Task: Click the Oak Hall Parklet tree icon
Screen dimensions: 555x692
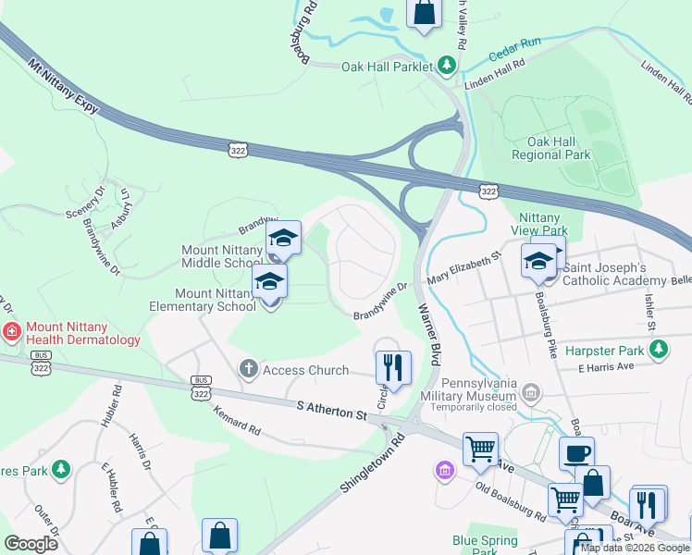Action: [447, 65]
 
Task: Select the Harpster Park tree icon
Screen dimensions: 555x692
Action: [658, 350]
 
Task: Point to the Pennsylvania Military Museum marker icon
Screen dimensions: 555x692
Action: [529, 393]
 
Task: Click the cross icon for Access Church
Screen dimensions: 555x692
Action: [248, 369]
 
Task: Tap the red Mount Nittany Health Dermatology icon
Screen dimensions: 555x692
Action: [12, 331]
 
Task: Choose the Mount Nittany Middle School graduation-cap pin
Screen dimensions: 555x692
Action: [284, 239]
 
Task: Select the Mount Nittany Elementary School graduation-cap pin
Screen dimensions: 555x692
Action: [270, 281]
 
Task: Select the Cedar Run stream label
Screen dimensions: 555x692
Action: [518, 44]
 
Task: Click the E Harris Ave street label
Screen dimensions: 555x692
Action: [605, 368]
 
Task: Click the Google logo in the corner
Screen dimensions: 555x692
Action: [31, 543]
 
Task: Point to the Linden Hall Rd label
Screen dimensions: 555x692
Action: [495, 73]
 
